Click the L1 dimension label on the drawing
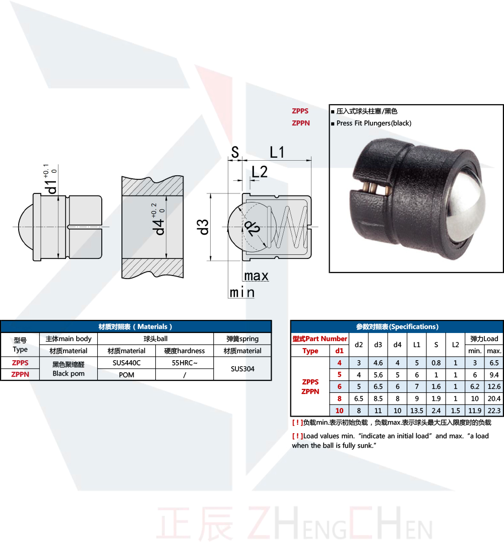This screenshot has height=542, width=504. point(277,152)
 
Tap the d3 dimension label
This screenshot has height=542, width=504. point(204,227)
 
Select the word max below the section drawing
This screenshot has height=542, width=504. point(256,276)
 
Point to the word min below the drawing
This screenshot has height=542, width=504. point(242,293)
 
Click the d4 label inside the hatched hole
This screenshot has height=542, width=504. point(160,225)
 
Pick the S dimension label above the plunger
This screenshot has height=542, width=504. point(234,152)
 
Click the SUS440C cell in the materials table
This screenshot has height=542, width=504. point(127,363)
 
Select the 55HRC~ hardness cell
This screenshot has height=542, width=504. point(184,363)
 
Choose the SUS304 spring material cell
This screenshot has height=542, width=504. point(242,369)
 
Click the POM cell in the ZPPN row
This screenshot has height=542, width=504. point(127,375)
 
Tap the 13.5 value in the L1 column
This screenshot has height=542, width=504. point(417,411)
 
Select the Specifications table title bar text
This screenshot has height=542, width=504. point(397,326)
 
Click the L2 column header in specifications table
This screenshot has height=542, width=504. point(455,345)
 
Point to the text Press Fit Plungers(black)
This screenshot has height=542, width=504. point(373,123)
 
